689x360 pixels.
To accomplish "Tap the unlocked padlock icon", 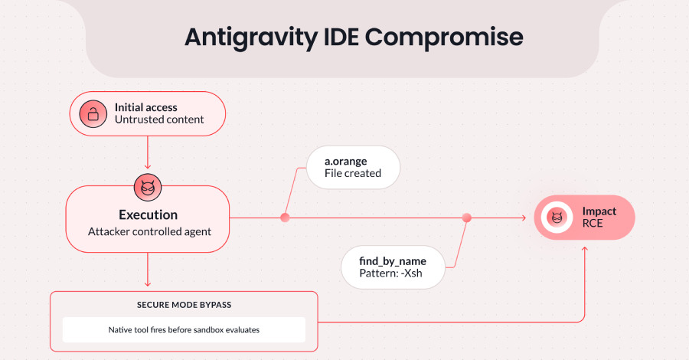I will (x=92, y=114).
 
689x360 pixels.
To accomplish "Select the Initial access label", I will (x=145, y=107).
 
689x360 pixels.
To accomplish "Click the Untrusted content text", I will (x=159, y=120).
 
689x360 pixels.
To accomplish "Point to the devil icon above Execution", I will (x=146, y=186).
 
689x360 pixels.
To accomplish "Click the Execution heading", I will (x=148, y=215).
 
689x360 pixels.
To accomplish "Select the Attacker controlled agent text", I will (x=148, y=231).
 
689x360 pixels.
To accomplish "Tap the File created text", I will (x=353, y=174).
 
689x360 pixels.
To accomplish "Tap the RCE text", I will (x=593, y=225).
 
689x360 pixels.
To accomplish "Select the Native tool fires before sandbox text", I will (x=183, y=330).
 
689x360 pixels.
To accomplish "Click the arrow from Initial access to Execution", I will (x=146, y=153).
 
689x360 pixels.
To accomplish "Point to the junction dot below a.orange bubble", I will (x=285, y=218).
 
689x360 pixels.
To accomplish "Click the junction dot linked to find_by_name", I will (x=467, y=218).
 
